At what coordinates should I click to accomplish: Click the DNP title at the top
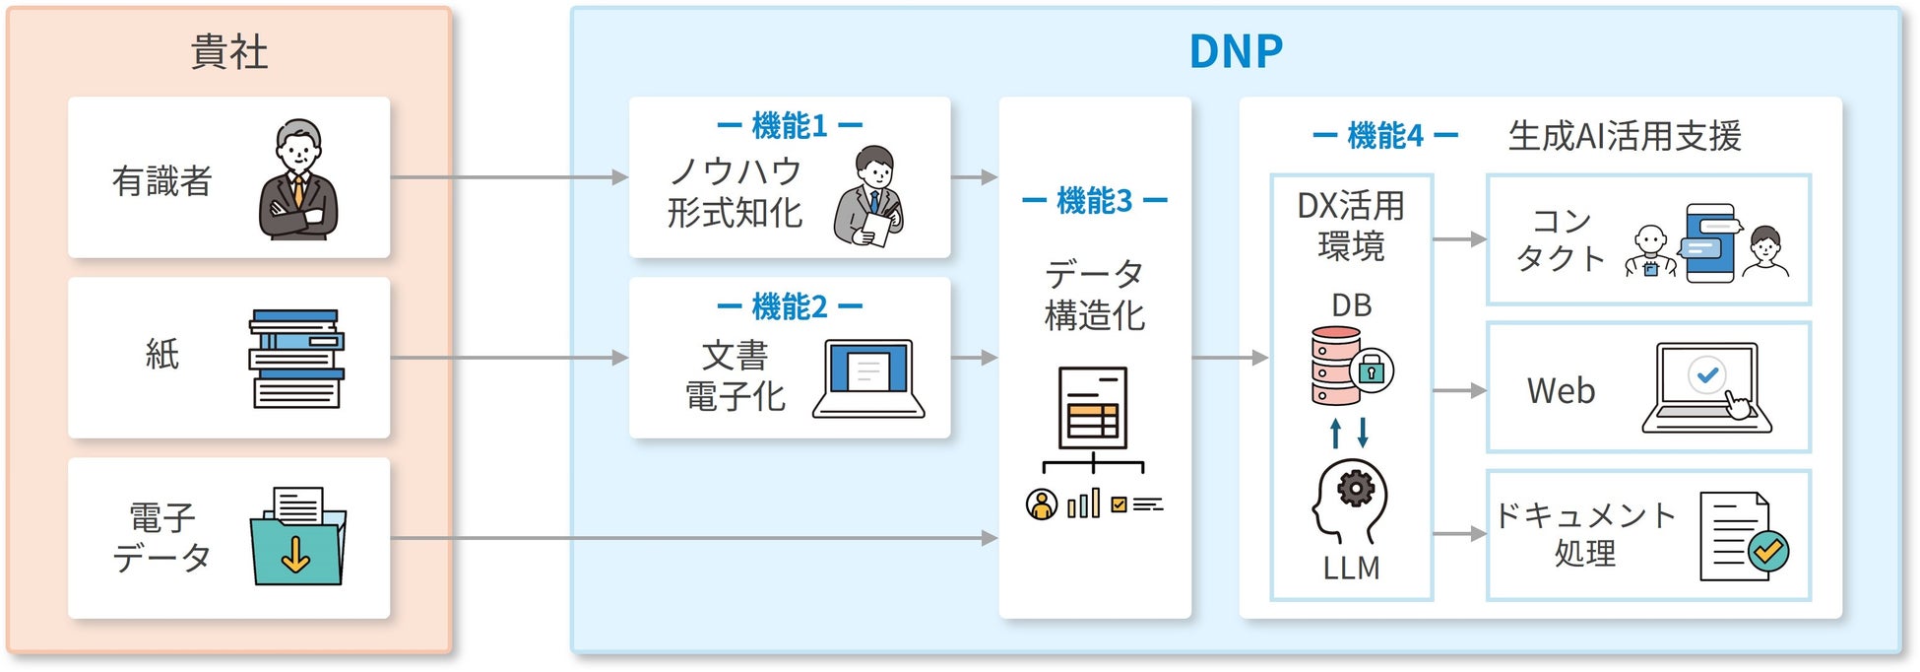point(1236,51)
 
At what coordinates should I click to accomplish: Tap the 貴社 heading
point(228,51)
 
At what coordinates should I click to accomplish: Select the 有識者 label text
point(161,181)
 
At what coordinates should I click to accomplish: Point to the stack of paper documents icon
point(296,359)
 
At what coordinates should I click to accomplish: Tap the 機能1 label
point(790,126)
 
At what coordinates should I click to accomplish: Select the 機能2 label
point(790,307)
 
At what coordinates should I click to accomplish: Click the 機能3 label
point(1094,201)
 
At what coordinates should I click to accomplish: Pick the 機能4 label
point(1384,136)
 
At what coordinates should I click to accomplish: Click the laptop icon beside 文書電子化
point(868,378)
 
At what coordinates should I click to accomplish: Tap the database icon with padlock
point(1350,366)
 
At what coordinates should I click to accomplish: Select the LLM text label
point(1351,569)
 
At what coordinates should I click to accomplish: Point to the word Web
point(1561,391)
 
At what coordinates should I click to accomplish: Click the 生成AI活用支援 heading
point(1625,136)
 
